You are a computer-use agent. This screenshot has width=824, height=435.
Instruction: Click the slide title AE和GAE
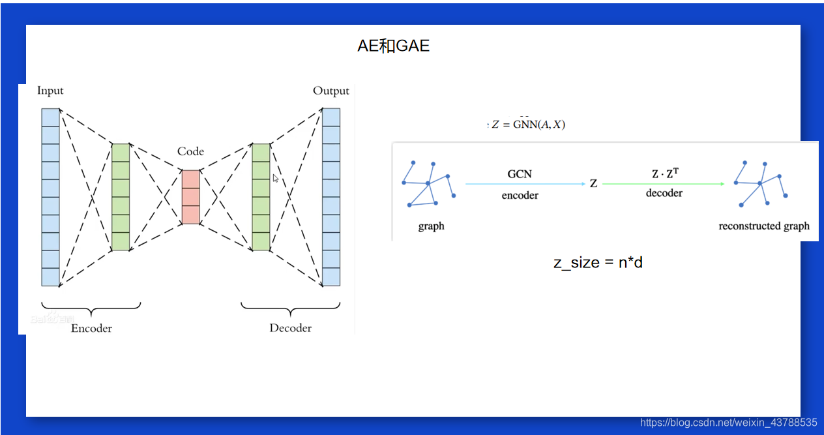[x=393, y=46]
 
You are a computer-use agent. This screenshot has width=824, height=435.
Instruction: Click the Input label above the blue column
[x=50, y=91]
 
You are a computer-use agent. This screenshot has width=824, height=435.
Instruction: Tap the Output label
[x=331, y=91]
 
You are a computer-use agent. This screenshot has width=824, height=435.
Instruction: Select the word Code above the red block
[x=190, y=151]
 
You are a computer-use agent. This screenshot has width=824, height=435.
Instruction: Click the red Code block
[x=190, y=197]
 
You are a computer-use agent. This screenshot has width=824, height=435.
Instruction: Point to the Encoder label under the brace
[x=91, y=328]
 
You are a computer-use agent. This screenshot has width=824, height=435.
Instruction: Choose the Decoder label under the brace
[x=291, y=328]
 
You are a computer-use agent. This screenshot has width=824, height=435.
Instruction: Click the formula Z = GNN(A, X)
[x=528, y=124]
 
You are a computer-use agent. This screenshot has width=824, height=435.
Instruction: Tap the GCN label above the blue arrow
[x=520, y=174]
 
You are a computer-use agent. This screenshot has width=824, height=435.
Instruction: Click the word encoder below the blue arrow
[x=520, y=195]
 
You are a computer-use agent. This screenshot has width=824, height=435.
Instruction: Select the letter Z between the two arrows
[x=593, y=184]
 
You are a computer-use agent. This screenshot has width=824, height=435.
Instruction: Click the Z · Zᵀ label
[x=665, y=173]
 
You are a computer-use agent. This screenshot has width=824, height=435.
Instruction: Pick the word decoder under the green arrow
[x=664, y=193]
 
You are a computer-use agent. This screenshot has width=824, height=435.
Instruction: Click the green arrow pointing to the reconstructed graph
[x=663, y=184]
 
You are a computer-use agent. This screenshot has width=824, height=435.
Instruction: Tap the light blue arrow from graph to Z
[x=525, y=184]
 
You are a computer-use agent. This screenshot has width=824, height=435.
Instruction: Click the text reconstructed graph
[x=764, y=226]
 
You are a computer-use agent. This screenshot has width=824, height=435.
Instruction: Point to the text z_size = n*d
[x=598, y=262]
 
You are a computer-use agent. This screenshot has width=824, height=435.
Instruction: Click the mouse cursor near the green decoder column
[x=276, y=178]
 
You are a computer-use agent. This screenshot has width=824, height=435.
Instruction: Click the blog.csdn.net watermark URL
[x=728, y=423]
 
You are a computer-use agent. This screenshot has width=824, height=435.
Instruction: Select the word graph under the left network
[x=431, y=226]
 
